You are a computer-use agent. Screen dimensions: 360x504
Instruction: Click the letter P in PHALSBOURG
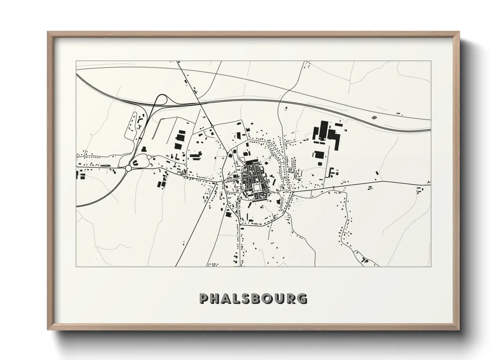204,298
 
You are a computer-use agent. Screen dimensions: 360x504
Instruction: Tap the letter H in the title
216,298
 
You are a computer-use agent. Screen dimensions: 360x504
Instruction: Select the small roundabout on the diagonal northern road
212,127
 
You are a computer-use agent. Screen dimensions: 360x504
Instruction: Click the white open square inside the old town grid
256,188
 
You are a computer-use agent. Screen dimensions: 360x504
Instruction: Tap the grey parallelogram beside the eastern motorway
374,117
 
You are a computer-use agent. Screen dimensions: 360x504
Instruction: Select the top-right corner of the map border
431,61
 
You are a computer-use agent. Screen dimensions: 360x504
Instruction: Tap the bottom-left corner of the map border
76,266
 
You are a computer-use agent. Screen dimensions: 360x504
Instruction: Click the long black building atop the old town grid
253,163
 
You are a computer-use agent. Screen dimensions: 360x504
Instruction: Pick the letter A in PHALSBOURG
229,298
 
